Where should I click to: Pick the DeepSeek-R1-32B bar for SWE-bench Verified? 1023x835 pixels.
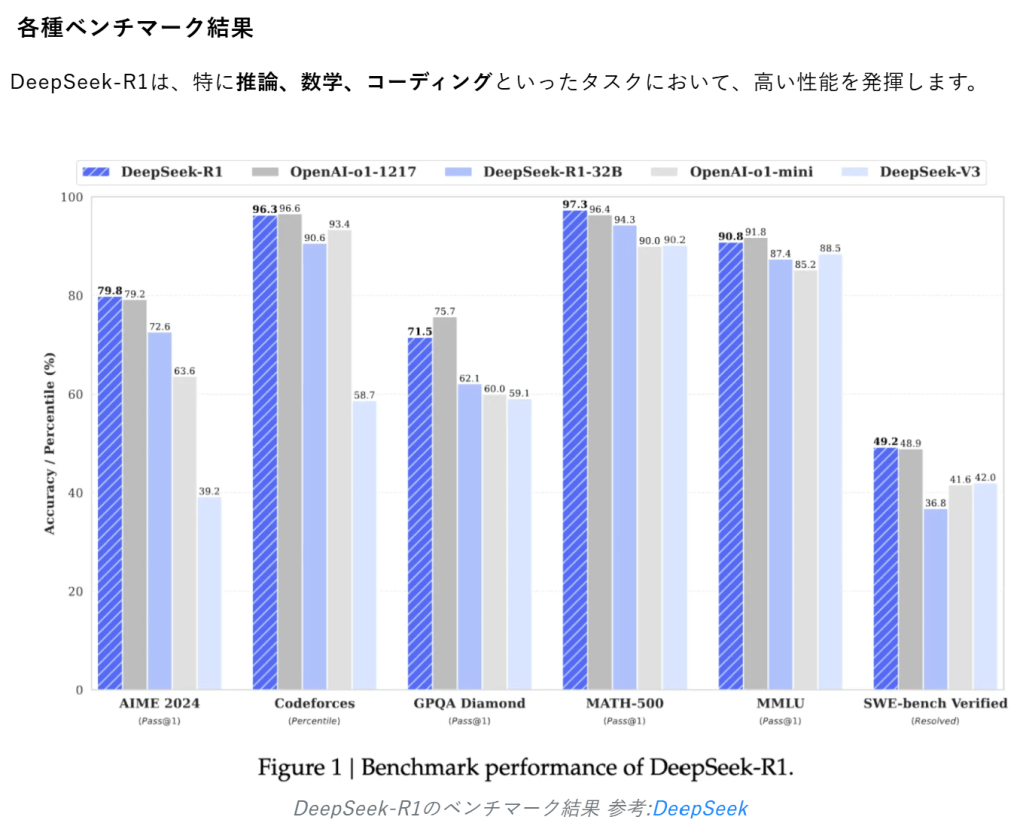pyautogui.click(x=935, y=599)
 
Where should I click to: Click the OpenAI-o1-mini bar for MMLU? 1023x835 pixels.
pyautogui.click(x=805, y=480)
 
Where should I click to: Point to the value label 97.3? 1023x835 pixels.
pyautogui.click(x=575, y=204)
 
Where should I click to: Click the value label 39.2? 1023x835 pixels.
pyautogui.click(x=209, y=490)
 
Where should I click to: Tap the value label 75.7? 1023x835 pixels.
pyautogui.click(x=445, y=310)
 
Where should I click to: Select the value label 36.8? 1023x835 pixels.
pyautogui.click(x=935, y=502)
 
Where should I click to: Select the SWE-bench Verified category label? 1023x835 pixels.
pyautogui.click(x=935, y=703)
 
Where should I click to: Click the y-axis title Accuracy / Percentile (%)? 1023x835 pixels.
pyautogui.click(x=50, y=443)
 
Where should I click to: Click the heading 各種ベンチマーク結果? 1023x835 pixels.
pyautogui.click(x=136, y=27)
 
